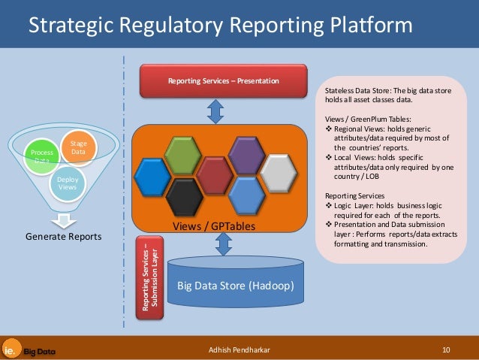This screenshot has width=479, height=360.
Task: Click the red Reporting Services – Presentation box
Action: click(223, 80)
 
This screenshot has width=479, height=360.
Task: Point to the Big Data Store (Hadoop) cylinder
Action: click(234, 286)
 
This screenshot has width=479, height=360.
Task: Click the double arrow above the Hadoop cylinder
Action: click(223, 244)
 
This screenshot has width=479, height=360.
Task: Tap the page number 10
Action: click(446, 349)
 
